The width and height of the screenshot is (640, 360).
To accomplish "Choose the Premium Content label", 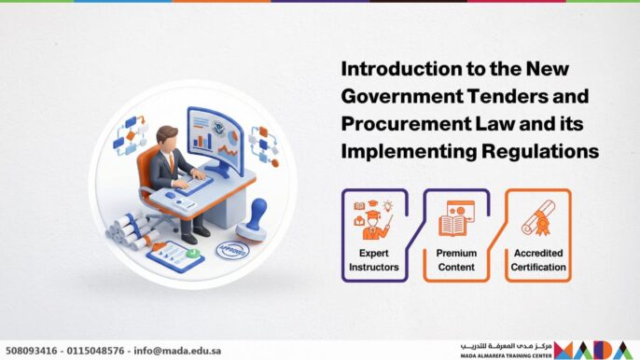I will coord(457,260).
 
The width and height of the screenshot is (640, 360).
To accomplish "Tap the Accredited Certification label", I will coord(538,260).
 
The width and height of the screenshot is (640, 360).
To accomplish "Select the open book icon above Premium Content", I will coord(457,224).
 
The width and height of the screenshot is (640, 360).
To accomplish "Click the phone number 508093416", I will coord(32,351).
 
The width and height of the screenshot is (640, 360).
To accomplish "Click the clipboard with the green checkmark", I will coord(177,254).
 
